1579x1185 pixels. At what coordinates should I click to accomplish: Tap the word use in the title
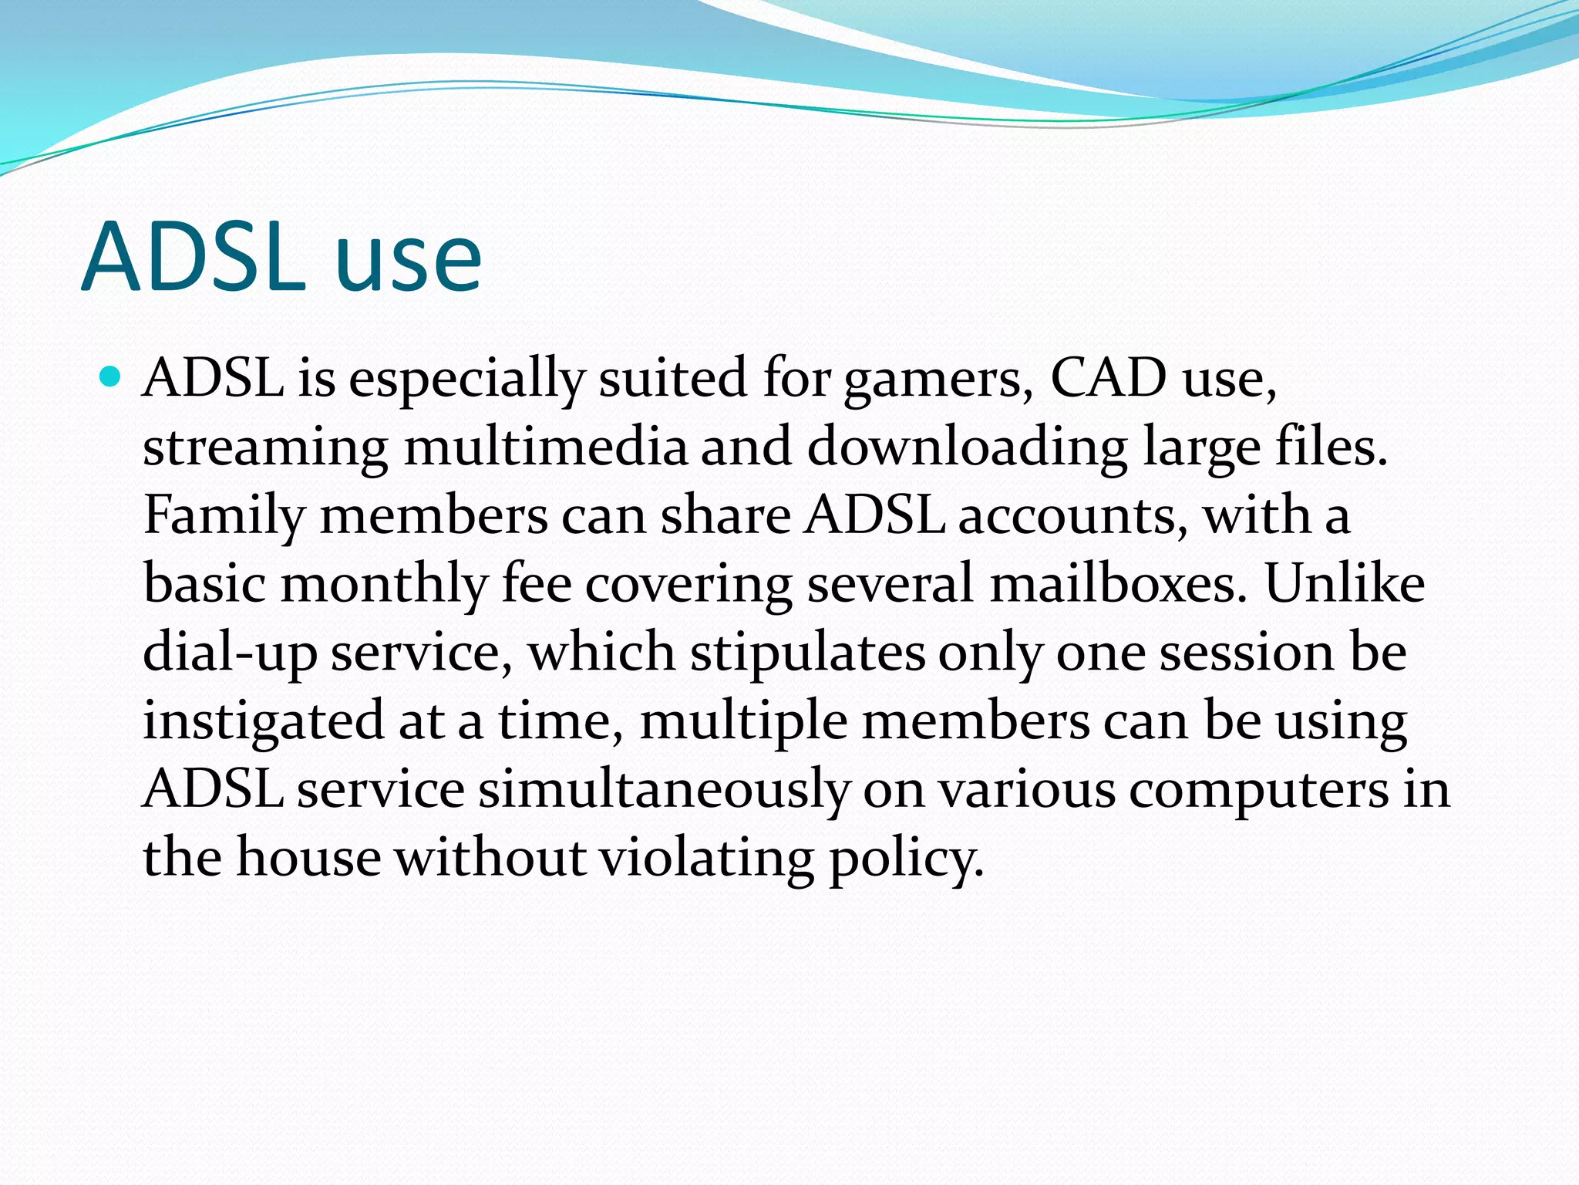pyautogui.click(x=408, y=262)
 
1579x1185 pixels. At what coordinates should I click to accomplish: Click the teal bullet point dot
pyautogui.click(x=111, y=377)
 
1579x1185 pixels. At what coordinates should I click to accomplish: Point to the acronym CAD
pyautogui.click(x=1109, y=378)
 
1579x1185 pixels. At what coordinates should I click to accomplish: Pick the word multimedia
pyautogui.click(x=545, y=447)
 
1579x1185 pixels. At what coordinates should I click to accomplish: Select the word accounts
pyautogui.click(x=1073, y=515)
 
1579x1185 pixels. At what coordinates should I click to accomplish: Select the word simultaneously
pyautogui.click(x=664, y=791)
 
